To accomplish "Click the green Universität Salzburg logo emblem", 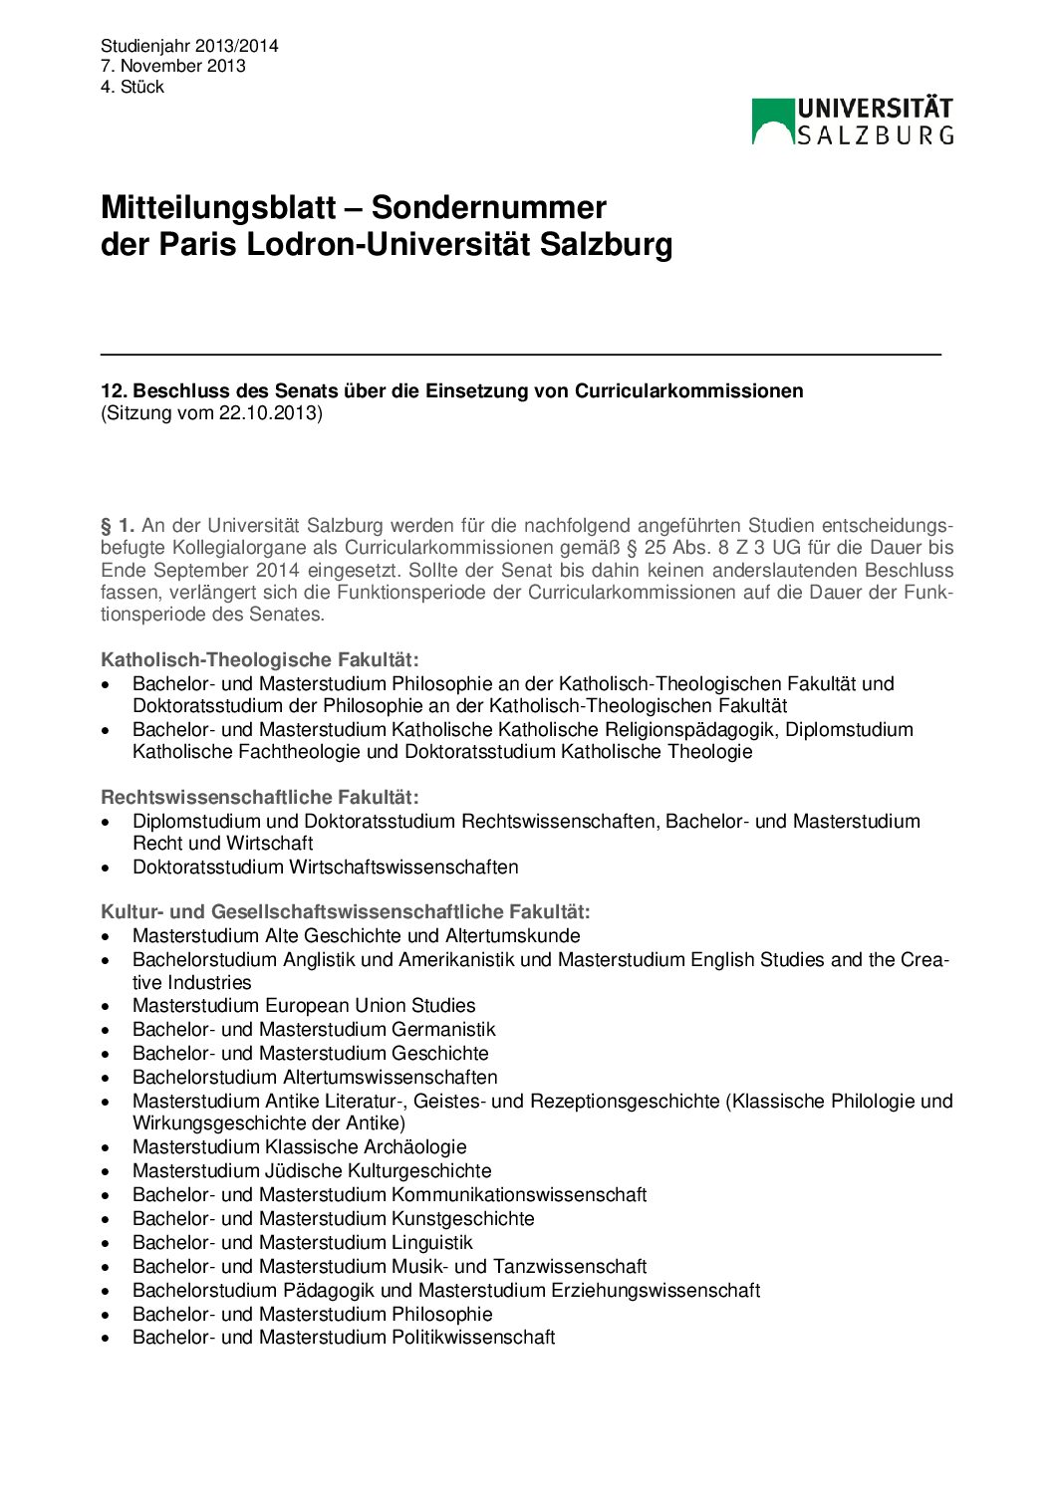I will (x=773, y=122).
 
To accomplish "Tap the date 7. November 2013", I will (x=173, y=66).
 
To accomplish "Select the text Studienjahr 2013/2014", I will (x=189, y=46).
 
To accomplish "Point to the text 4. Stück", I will (x=132, y=87).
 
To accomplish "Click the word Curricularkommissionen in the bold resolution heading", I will (x=688, y=390).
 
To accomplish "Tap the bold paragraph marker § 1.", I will (x=118, y=525).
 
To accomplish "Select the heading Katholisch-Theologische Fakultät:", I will (x=260, y=659).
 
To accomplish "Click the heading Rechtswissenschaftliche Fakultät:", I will (x=260, y=797).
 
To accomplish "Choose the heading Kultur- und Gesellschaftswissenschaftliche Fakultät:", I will (x=346, y=911).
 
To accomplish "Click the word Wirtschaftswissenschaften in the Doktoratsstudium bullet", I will (x=403, y=867).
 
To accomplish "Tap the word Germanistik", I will (x=443, y=1029).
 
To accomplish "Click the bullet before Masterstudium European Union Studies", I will (x=106, y=1007).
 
